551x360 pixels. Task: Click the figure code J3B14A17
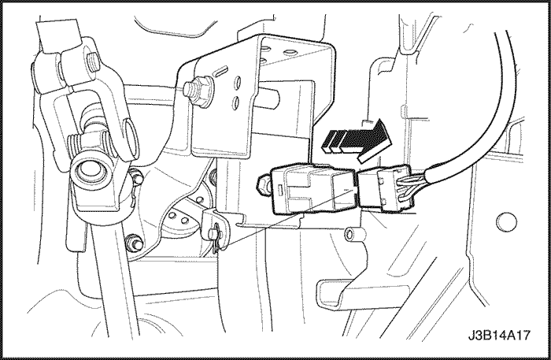498,335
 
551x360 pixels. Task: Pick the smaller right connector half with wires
385,189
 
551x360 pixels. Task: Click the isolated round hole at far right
506,222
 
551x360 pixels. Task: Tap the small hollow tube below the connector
353,235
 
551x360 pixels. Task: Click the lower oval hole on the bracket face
235,102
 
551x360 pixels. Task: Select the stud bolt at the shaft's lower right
134,242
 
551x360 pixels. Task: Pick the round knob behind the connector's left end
264,183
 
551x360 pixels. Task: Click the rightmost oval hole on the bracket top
290,52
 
